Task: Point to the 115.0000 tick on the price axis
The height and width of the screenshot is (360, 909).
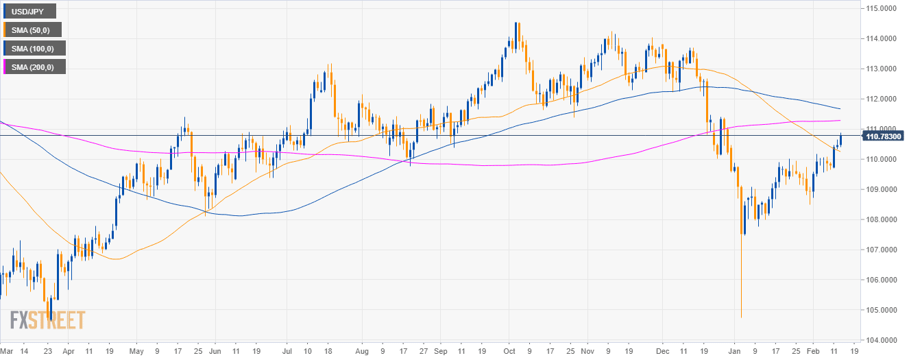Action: coord(880,8)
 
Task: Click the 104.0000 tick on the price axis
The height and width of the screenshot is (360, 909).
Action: coord(880,340)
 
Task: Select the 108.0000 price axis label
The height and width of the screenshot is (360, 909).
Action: coord(880,219)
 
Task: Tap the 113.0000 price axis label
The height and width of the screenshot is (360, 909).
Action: coord(880,69)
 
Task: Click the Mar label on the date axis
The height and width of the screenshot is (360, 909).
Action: coord(5,350)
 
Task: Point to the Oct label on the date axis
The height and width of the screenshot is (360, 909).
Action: coord(509,350)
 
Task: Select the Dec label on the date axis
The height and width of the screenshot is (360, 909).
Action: coord(663,350)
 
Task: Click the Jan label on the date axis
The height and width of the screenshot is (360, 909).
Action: coord(734,350)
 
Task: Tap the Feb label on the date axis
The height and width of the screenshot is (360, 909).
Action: coord(812,350)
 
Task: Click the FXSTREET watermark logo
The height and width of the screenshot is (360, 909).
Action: coord(47,320)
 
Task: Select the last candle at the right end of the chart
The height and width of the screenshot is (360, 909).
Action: coord(840,140)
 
